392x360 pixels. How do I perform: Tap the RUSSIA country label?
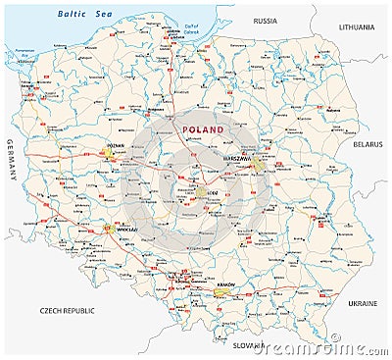point(265,21)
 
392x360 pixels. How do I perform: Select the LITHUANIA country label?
point(360,29)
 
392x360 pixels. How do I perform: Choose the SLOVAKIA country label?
point(249,345)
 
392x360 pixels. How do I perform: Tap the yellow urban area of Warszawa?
point(255,163)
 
